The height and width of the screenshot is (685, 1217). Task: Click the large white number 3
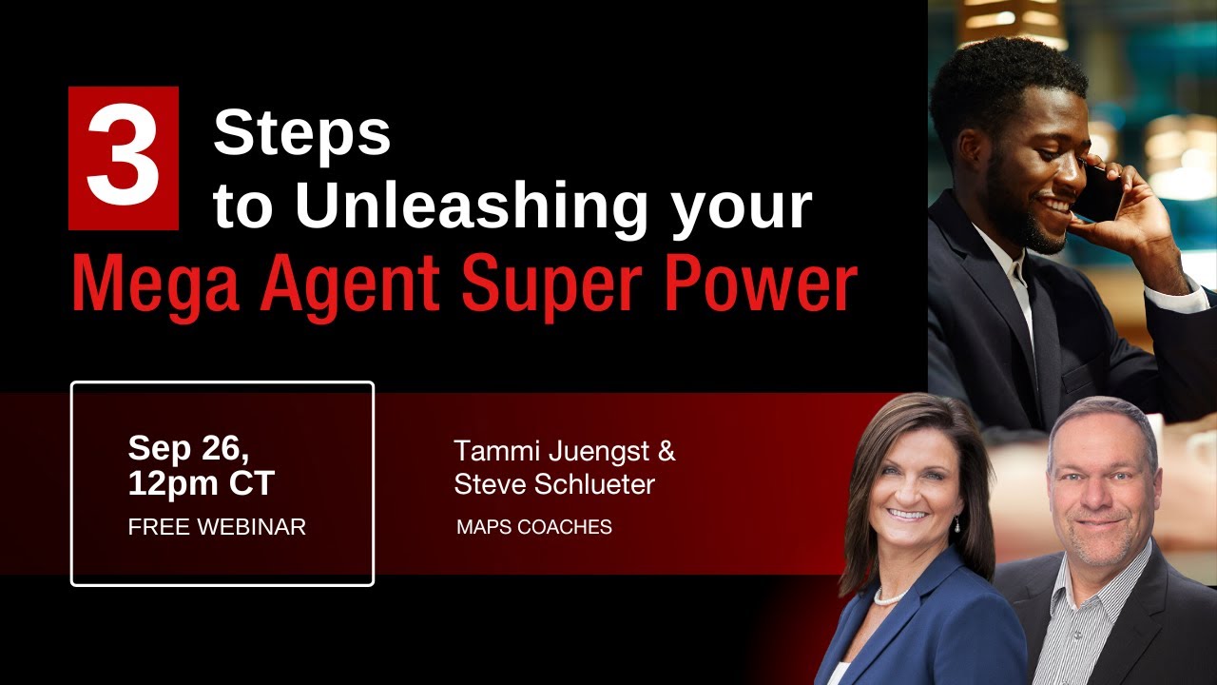pyautogui.click(x=123, y=158)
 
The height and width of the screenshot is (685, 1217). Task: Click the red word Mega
pyautogui.click(x=152, y=284)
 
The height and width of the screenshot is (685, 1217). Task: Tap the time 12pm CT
pyautogui.click(x=201, y=483)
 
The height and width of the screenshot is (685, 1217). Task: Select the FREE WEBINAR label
pyautogui.click(x=217, y=526)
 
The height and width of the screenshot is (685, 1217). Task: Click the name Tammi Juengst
pyautogui.click(x=551, y=450)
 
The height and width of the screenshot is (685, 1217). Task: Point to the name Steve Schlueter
pyautogui.click(x=554, y=484)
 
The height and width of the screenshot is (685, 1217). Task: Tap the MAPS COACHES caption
pyautogui.click(x=534, y=527)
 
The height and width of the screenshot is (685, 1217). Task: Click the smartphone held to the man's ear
pyautogui.click(x=1103, y=195)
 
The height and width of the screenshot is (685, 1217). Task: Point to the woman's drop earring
pyautogui.click(x=956, y=524)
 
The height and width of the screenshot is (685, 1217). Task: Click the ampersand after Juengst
pyautogui.click(x=666, y=450)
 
